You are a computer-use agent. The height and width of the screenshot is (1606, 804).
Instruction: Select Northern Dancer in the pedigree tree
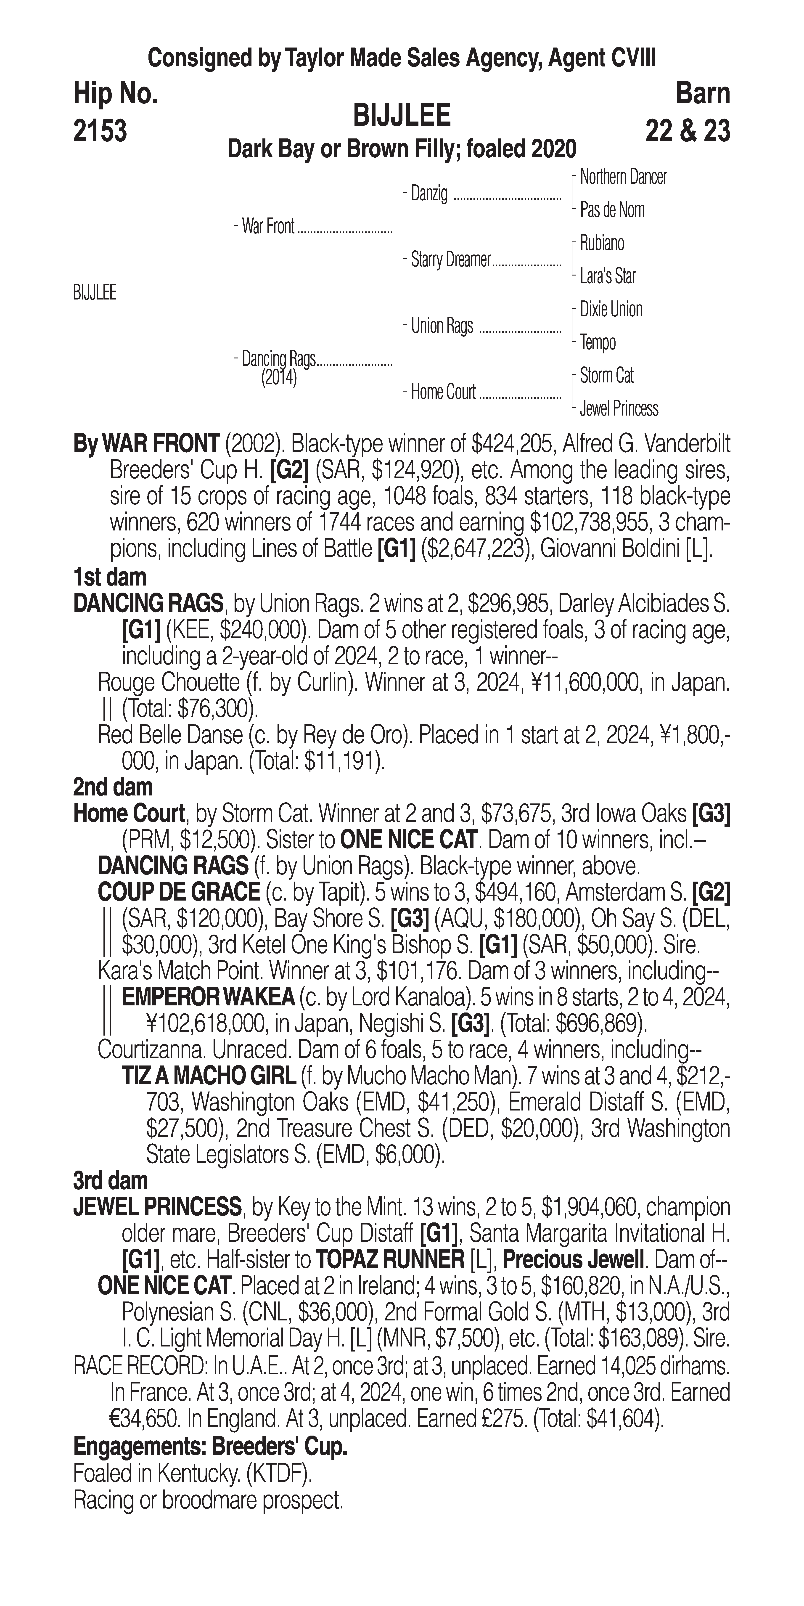coord(623,177)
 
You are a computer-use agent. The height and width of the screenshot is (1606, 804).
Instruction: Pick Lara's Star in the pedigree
coord(608,276)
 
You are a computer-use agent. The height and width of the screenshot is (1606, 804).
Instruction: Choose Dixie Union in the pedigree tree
coord(611,309)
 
